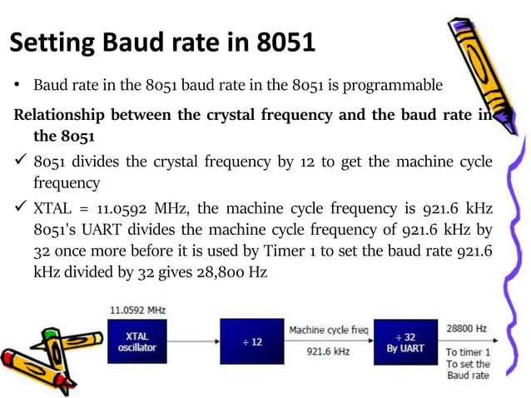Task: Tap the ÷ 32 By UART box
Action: pyautogui.click(x=404, y=341)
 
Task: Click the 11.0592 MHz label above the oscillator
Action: pyautogui.click(x=137, y=310)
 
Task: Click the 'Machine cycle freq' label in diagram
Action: pyautogui.click(x=328, y=331)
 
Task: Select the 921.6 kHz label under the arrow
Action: pyautogui.click(x=328, y=352)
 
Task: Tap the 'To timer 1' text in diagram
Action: pyautogui.click(x=468, y=352)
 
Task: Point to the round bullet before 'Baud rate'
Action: pyautogui.click(x=16, y=86)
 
